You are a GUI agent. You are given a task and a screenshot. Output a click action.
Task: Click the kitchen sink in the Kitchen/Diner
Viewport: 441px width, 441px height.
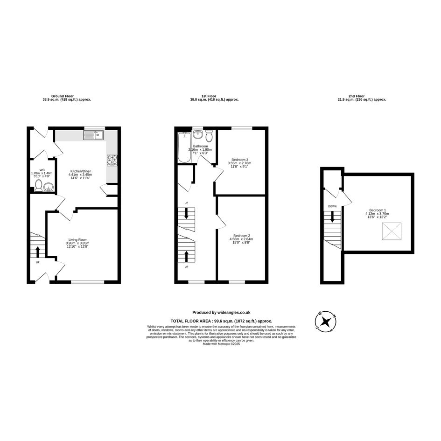click(x=94, y=135)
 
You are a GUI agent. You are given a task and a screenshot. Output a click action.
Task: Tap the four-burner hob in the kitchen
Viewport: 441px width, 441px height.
click(x=112, y=160)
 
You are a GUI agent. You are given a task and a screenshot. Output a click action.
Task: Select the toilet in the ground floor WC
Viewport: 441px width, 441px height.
click(x=39, y=186)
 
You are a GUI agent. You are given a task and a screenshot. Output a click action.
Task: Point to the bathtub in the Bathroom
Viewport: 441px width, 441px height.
click(x=184, y=147)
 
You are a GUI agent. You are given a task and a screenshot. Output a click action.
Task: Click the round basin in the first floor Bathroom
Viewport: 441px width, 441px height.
click(x=198, y=135)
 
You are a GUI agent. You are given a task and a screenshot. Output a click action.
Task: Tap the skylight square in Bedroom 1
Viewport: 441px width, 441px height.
click(x=392, y=231)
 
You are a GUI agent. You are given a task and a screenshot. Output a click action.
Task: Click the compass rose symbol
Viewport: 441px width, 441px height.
click(x=326, y=322)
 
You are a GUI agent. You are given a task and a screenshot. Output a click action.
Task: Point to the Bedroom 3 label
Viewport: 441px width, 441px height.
click(x=239, y=160)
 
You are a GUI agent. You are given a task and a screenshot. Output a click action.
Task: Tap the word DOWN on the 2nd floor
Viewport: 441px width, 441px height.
click(x=332, y=206)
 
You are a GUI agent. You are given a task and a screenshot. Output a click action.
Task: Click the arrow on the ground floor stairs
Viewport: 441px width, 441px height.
click(x=38, y=252)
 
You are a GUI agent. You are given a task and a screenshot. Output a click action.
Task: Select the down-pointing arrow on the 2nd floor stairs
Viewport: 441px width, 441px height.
click(x=332, y=217)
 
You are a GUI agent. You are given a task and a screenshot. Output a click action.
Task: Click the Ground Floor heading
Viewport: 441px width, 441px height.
click(x=63, y=96)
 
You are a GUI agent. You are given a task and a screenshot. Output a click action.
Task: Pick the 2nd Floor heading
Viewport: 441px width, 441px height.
click(x=357, y=96)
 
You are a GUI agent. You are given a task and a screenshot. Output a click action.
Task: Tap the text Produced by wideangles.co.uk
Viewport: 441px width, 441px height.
click(x=221, y=313)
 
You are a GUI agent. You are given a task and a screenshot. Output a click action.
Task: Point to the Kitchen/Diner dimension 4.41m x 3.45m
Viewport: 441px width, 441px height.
click(x=80, y=175)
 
